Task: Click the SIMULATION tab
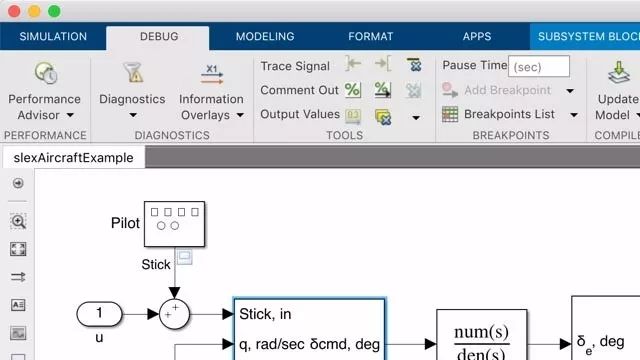click(x=53, y=36)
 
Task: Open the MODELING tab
click(x=265, y=36)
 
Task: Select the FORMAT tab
click(x=371, y=36)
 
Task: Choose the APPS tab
click(x=477, y=36)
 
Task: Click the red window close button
click(x=14, y=11)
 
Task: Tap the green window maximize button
click(x=54, y=11)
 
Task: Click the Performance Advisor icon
click(x=45, y=73)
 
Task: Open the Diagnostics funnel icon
click(x=133, y=73)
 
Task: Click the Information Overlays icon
click(x=212, y=74)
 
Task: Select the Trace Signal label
click(x=295, y=66)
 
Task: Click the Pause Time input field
click(x=539, y=66)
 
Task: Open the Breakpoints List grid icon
click(x=450, y=114)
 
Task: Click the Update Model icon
click(x=619, y=72)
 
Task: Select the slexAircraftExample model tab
click(x=73, y=158)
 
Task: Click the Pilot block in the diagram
click(x=174, y=224)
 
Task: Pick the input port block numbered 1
click(x=99, y=314)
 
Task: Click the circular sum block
click(x=174, y=314)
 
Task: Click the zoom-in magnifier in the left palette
click(x=18, y=221)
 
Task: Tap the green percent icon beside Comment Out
click(x=353, y=90)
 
